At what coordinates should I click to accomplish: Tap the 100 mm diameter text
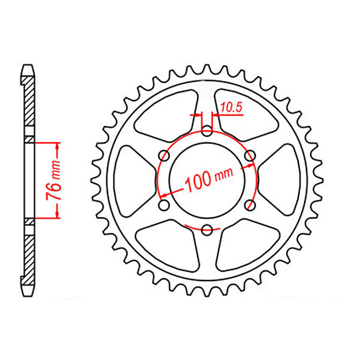207,180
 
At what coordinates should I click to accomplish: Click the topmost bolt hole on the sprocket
207,131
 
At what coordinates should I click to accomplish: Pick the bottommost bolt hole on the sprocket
207,230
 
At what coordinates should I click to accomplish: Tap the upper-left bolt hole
164,156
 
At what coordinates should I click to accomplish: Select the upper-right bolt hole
249,156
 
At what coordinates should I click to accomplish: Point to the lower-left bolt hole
164,206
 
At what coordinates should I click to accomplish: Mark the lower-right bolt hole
249,206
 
